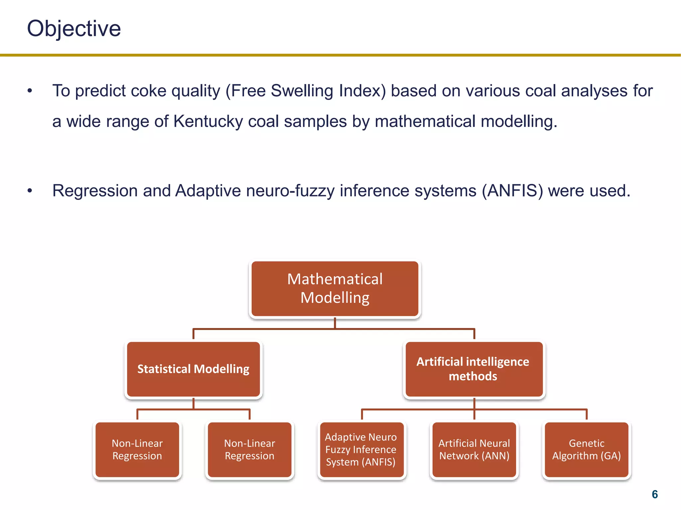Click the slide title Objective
point(74,29)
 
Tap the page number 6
point(654,494)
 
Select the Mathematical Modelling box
point(335,288)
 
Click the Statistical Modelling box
point(193,369)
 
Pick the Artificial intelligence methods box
point(474,369)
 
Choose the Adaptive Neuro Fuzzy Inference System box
point(361,450)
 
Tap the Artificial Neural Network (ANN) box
point(474,450)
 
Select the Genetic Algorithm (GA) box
point(587,450)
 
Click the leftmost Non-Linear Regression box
point(137,450)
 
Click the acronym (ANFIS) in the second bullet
point(512,191)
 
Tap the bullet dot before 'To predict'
point(30,91)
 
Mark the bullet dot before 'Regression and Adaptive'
point(30,191)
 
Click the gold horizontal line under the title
point(340,55)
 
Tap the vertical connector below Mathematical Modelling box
point(335,323)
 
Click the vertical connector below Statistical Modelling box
point(193,403)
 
